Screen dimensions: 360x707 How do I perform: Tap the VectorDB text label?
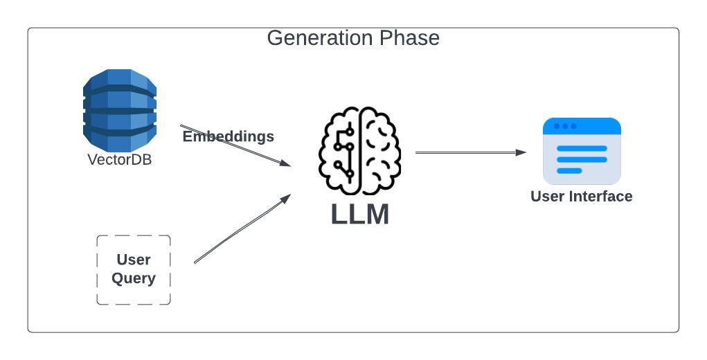tap(119, 159)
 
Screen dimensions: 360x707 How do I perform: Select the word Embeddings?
tap(228, 136)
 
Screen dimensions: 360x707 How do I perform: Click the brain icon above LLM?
tap(359, 151)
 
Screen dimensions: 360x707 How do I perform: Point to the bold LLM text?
tap(359, 214)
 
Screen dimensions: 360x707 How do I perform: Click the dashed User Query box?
tap(134, 270)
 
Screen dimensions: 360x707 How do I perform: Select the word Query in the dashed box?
tap(134, 278)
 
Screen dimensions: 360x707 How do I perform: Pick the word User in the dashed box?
tap(134, 260)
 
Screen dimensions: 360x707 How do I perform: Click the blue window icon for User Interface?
tap(582, 151)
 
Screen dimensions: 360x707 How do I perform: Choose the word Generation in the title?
tap(312, 38)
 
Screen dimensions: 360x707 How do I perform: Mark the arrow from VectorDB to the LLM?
tap(235, 146)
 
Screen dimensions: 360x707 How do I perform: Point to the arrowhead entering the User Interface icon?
tap(521, 153)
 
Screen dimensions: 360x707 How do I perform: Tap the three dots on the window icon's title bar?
tap(565, 126)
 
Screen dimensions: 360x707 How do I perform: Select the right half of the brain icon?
tap(379, 151)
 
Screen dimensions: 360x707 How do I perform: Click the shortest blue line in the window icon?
tap(569, 170)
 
